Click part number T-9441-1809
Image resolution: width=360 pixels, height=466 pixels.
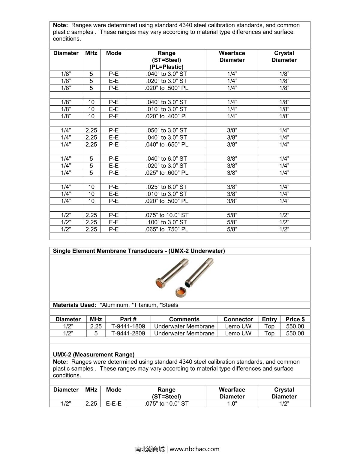[128, 326]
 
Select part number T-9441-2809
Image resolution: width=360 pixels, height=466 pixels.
[128, 333]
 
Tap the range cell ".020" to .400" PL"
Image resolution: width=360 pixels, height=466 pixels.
[166, 116]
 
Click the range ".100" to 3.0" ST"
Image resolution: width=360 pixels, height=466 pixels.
[166, 222]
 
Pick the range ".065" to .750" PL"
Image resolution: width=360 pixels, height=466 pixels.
[166, 229]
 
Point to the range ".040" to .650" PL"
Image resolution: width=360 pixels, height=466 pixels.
[166, 144]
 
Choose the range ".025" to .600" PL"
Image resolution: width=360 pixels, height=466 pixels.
[166, 173]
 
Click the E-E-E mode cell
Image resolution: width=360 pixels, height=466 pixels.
[114, 404]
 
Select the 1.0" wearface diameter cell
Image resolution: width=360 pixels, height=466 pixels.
[232, 404]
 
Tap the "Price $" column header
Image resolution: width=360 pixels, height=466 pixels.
[295, 319]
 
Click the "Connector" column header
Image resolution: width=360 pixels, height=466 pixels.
[238, 319]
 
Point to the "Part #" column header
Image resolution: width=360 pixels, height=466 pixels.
[128, 319]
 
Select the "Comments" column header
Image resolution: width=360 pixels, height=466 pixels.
[184, 319]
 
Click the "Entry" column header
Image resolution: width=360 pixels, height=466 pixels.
[269, 319]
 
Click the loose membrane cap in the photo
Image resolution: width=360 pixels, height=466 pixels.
[181, 292]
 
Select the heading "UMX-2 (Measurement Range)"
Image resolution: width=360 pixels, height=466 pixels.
[94, 355]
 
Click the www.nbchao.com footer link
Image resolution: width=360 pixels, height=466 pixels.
[194, 449]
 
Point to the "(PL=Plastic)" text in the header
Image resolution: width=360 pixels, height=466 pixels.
[166, 67]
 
